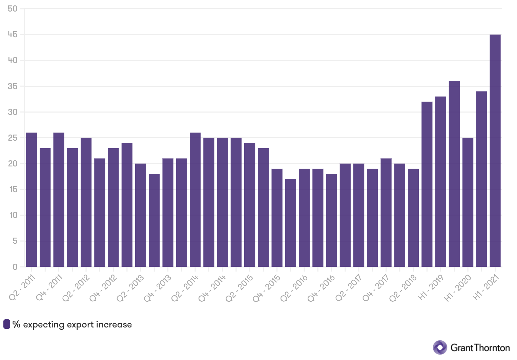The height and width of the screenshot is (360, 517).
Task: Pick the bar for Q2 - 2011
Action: click(x=32, y=200)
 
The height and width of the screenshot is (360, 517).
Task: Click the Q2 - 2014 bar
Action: click(x=195, y=200)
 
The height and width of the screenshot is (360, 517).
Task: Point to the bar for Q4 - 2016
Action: click(x=331, y=220)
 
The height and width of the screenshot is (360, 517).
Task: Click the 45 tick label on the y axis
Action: click(x=13, y=35)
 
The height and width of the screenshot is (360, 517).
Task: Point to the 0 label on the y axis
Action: click(x=15, y=267)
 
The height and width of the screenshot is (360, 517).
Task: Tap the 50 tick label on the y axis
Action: click(x=13, y=9)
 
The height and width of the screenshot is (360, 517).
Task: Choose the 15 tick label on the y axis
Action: click(x=13, y=189)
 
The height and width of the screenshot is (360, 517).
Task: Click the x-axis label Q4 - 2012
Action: click(x=104, y=288)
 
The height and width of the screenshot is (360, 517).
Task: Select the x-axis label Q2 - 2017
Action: click(x=349, y=288)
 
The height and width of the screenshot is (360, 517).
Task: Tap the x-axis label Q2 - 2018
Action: click(x=404, y=288)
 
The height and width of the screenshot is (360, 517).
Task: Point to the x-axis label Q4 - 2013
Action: click(x=158, y=288)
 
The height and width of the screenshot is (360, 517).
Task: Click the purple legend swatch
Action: click(x=7, y=324)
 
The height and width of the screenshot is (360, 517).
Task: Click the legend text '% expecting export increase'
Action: click(x=72, y=324)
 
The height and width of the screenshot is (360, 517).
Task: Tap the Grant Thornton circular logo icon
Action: click(x=440, y=347)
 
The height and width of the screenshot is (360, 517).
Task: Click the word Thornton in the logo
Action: click(x=491, y=348)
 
